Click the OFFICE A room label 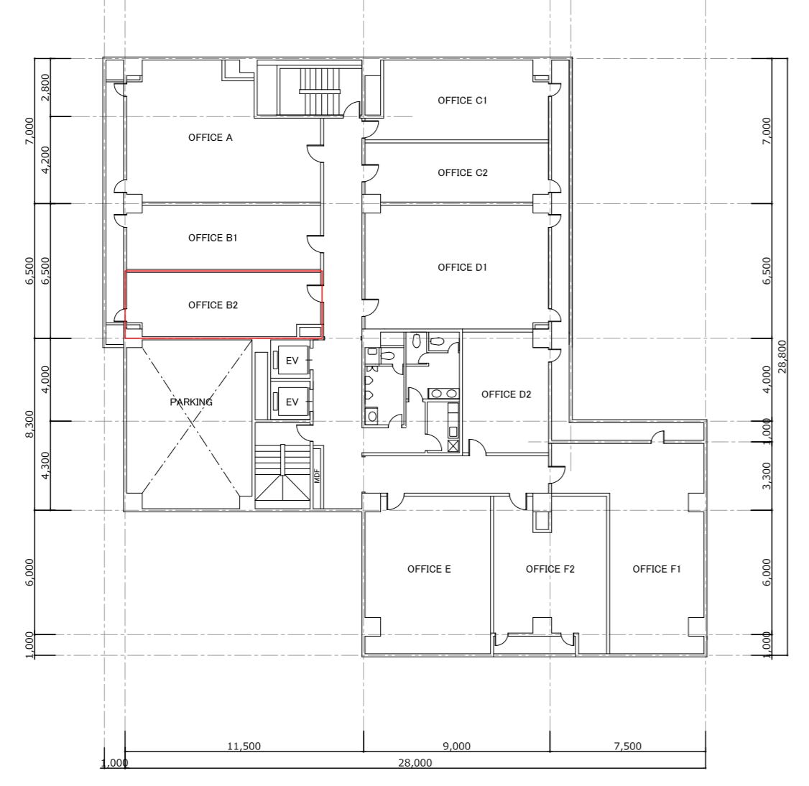(210, 137)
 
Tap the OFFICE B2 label (213, 305)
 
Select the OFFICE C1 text (462, 100)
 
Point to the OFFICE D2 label (506, 394)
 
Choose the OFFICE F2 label (550, 569)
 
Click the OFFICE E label (429, 569)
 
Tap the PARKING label (191, 402)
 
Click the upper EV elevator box (292, 360)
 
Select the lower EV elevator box (292, 401)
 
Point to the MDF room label (318, 476)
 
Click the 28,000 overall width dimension (415, 763)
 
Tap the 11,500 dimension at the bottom (244, 746)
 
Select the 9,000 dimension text (457, 746)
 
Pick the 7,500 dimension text (628, 746)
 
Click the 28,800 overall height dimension (782, 356)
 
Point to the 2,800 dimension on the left (45, 87)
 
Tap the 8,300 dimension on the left (29, 424)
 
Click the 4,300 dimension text (45, 466)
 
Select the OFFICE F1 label (657, 569)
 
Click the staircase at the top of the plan (320, 91)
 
